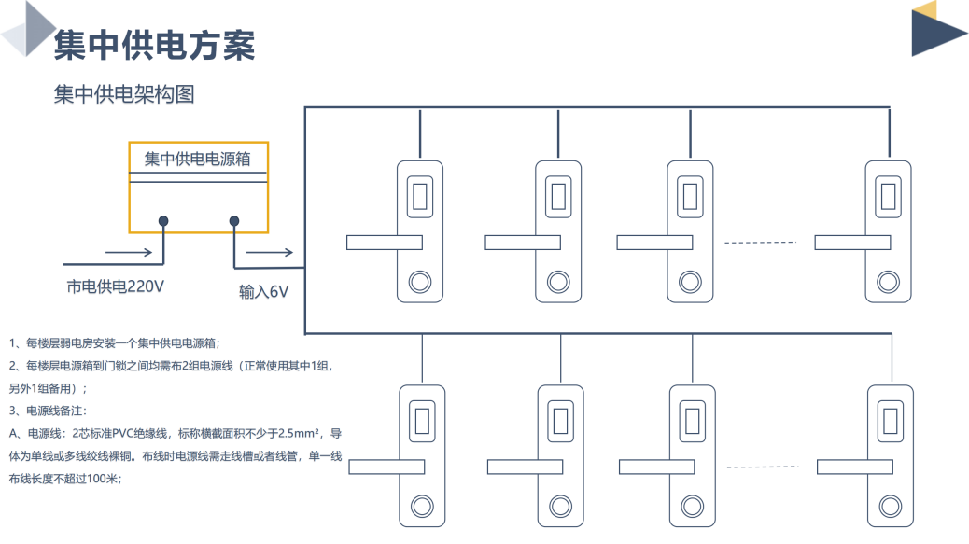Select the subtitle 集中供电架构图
pos(124,94)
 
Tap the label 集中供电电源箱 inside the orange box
pos(197,159)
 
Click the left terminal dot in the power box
pos(163,221)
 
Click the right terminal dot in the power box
pos(234,221)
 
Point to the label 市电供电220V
pos(116,286)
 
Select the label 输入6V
pos(263,292)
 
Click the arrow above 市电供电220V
pos(128,252)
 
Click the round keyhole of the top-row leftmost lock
pos(419,281)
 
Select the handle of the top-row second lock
pos(522,243)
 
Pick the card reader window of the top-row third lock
pos(692,196)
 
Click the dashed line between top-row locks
pos(761,243)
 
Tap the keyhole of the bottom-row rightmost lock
pos(890,506)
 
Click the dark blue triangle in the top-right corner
pos(936,35)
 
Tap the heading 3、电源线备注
pos(47,411)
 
